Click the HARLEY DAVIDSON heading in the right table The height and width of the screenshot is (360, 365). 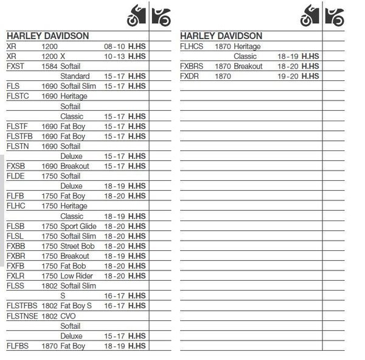pos(221,36)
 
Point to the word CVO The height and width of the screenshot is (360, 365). pos(69,316)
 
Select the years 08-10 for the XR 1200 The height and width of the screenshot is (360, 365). pos(114,46)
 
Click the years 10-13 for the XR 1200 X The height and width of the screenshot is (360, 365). pos(114,56)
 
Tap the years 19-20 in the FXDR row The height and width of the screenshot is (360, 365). pos(289,76)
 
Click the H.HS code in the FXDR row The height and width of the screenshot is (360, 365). pos(310,76)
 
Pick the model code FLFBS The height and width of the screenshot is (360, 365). pos(17,346)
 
